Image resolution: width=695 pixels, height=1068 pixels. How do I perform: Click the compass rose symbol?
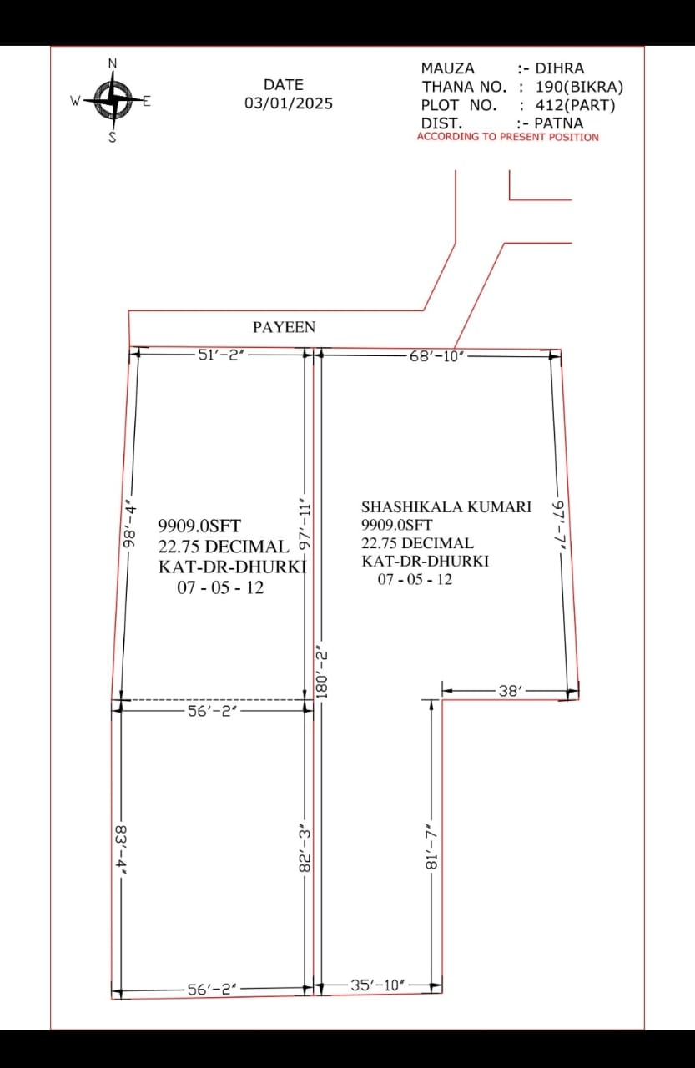point(113,100)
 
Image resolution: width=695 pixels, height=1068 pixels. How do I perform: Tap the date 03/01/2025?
point(289,103)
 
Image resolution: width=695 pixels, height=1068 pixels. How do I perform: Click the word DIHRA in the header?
point(560,68)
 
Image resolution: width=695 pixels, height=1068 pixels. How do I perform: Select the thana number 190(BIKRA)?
point(579,87)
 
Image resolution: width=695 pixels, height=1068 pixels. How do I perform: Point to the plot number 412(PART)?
point(576,105)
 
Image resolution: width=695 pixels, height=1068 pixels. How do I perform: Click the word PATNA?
point(559,123)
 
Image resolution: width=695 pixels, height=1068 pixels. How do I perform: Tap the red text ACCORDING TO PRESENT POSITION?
point(507,137)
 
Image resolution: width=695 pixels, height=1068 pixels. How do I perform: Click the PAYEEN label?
point(285,327)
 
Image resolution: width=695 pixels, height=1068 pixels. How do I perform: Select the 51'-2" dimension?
point(222,355)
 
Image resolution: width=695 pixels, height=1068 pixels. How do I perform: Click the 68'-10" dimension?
point(436,356)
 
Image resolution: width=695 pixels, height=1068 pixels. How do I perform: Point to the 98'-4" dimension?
point(130,526)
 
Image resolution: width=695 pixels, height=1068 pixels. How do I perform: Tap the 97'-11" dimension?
point(305,526)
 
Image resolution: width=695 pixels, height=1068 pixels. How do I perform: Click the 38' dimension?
point(511,691)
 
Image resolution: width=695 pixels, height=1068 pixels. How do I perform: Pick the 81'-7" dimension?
point(431,846)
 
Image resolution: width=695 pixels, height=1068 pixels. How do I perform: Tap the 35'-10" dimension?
point(377,985)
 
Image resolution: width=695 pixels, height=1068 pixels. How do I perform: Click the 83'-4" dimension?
point(121,849)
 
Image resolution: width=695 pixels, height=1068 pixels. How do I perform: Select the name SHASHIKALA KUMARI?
point(446,506)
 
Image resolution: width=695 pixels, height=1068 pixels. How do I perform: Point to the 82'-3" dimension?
point(305,850)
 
